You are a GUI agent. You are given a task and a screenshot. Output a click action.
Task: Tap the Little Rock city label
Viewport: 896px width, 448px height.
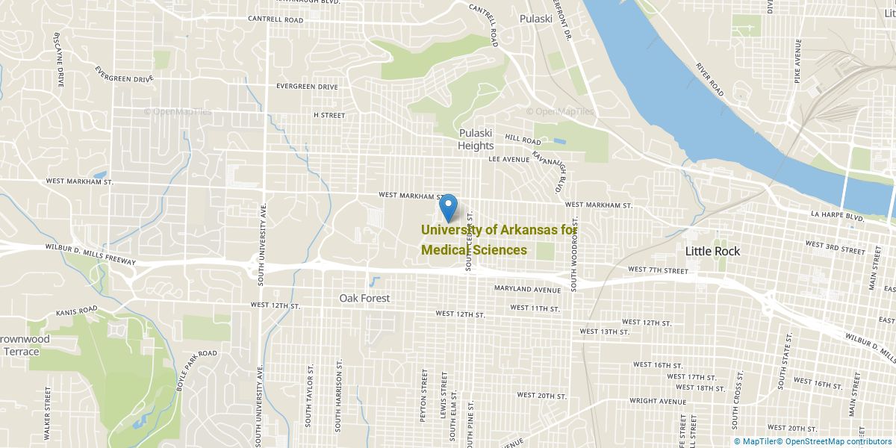click(x=712, y=251)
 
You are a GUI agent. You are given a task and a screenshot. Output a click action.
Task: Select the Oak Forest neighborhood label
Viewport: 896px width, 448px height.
click(x=364, y=298)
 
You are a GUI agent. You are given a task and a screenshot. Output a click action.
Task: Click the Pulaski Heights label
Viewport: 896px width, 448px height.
click(x=476, y=140)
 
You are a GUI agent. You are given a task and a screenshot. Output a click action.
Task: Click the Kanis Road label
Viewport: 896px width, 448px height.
click(x=76, y=309)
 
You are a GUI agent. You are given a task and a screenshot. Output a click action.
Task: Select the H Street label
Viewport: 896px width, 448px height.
click(x=329, y=115)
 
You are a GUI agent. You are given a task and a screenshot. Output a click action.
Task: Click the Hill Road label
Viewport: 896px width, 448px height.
click(x=523, y=140)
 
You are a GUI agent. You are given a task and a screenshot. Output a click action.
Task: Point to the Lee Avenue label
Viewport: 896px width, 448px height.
click(x=508, y=159)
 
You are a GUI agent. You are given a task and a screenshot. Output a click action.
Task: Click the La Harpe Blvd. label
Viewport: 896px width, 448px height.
click(x=837, y=217)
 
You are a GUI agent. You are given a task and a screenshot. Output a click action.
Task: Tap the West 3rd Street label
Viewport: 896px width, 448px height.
click(x=835, y=245)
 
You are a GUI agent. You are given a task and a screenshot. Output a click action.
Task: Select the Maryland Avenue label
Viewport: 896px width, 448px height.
click(x=526, y=289)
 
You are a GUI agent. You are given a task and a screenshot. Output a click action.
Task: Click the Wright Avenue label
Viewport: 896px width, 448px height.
click(x=657, y=401)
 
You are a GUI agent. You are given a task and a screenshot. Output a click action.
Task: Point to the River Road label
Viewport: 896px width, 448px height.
click(x=710, y=80)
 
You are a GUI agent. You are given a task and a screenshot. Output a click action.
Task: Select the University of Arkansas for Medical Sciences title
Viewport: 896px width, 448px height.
click(x=498, y=240)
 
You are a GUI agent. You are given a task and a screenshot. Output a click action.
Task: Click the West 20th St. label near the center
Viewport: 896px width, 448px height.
click(x=541, y=395)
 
